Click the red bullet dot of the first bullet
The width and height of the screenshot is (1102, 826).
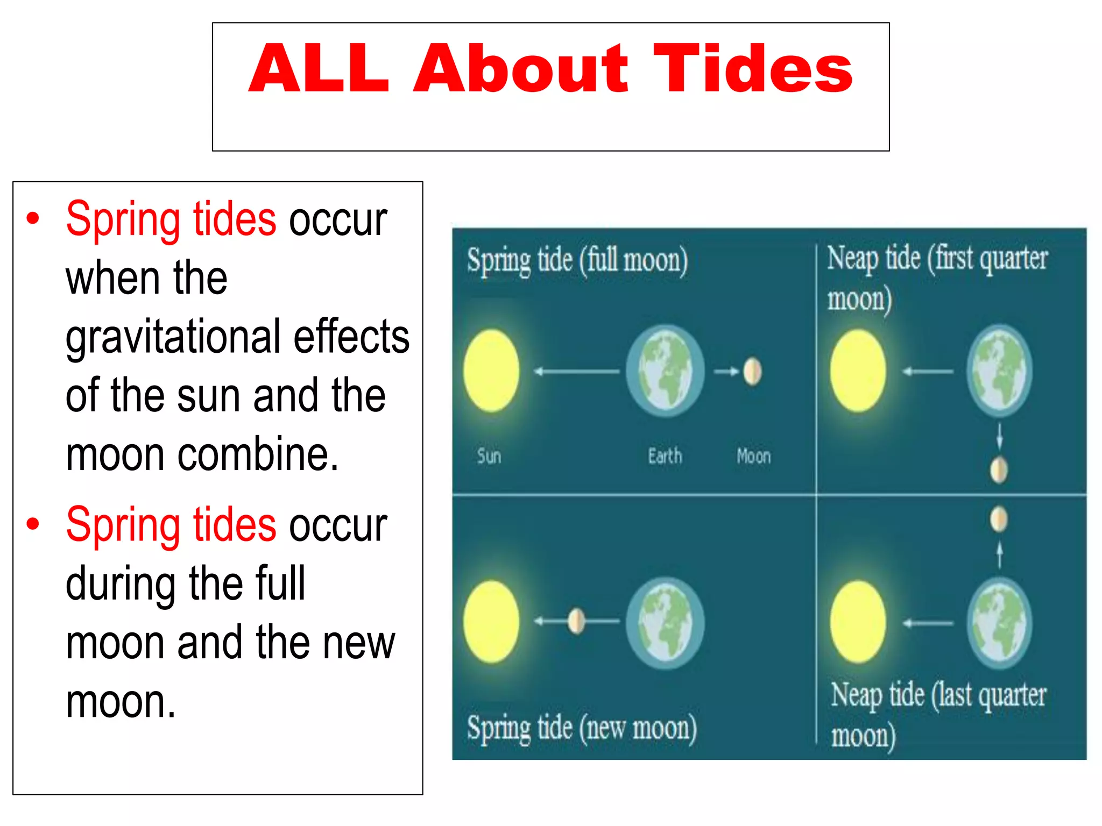click(x=33, y=218)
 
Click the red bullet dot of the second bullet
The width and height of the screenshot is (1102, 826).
click(x=33, y=524)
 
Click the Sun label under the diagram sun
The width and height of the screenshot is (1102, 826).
click(x=489, y=456)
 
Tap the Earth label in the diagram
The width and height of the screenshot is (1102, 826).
click(x=665, y=456)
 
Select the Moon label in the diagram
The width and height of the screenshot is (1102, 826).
click(x=753, y=456)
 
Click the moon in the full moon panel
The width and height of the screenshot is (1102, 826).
click(x=752, y=372)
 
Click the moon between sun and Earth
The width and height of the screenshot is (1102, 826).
click(x=576, y=621)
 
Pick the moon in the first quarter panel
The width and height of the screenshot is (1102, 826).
click(x=999, y=469)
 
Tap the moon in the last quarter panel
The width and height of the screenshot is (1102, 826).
click(x=999, y=519)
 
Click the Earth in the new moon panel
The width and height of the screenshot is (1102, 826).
click(x=665, y=623)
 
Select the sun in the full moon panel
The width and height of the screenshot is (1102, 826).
click(x=491, y=371)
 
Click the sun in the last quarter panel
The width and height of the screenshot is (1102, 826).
click(x=858, y=622)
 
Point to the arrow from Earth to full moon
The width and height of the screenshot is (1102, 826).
click(x=726, y=371)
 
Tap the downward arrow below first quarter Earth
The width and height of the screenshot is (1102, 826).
click(x=999, y=436)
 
